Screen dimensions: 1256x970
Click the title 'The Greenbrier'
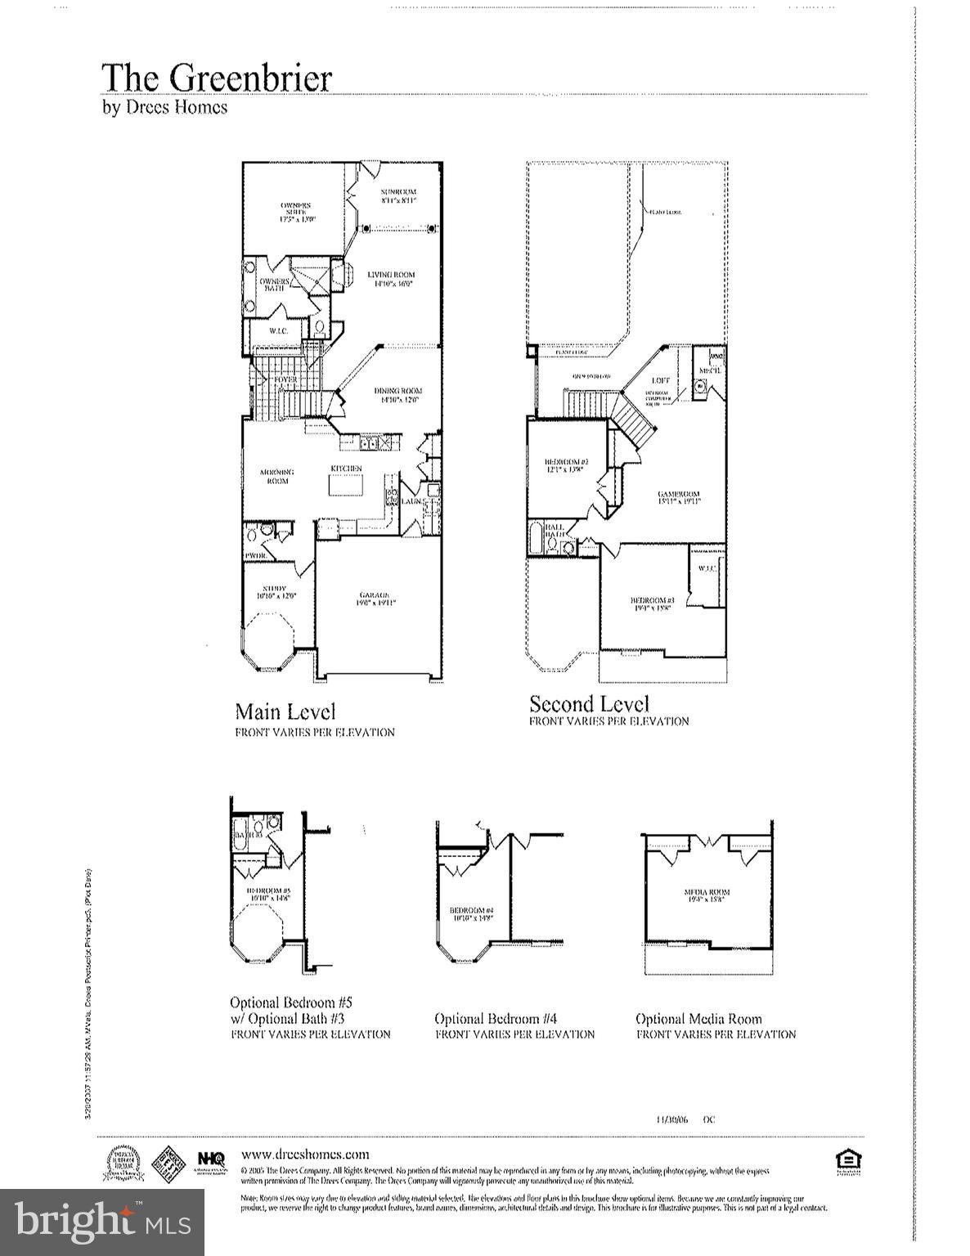click(217, 78)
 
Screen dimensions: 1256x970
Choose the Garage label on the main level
click(372, 599)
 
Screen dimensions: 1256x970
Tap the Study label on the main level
click(274, 592)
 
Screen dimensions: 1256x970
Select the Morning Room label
click(276, 476)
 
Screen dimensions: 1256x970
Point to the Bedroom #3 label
click(650, 604)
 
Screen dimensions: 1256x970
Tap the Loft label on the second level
click(661, 380)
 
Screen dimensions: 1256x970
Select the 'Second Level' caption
click(589, 704)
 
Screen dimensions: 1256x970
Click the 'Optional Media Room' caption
click(698, 1019)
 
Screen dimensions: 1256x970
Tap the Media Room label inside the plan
click(707, 895)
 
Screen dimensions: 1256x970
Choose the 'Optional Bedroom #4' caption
click(496, 1019)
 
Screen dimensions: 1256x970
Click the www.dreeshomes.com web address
click(305, 1155)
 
